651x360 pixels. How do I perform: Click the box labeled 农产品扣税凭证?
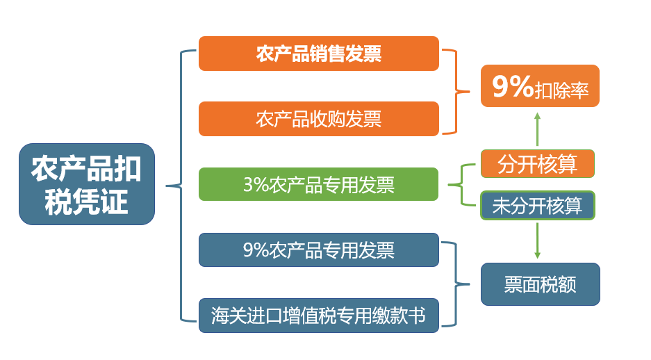[x=87, y=184]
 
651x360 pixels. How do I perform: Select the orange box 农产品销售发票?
[x=319, y=54]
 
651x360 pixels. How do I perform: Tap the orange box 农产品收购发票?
[x=319, y=119]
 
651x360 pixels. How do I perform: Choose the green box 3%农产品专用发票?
[x=318, y=184]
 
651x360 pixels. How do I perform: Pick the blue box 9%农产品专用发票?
[x=319, y=249]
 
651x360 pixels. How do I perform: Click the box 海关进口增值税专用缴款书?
[x=319, y=315]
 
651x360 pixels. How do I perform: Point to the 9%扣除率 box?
[x=540, y=86]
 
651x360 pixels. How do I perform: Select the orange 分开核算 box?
[x=538, y=163]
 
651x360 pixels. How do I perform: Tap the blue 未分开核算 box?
[x=538, y=205]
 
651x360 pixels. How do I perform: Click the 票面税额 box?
[x=540, y=284]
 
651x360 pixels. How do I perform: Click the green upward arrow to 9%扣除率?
[x=537, y=129]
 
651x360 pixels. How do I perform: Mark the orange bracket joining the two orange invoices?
[x=456, y=91]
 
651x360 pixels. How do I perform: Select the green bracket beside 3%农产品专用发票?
[x=462, y=185]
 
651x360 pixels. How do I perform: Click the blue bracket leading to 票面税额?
[x=456, y=284]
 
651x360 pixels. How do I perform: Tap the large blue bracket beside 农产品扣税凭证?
[x=181, y=186]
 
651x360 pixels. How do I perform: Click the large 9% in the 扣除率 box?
[x=513, y=86]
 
